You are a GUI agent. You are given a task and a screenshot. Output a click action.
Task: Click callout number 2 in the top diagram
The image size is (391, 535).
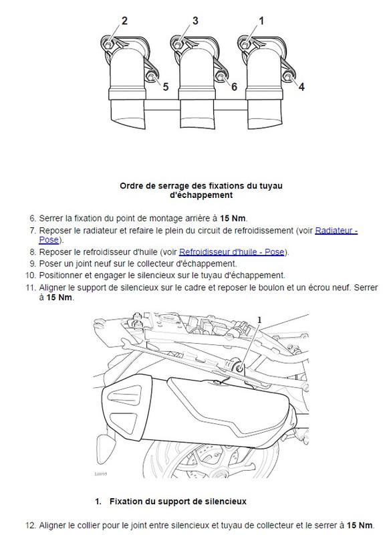[124, 21]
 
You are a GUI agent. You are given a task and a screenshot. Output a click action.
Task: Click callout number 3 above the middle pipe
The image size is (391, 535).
[195, 21]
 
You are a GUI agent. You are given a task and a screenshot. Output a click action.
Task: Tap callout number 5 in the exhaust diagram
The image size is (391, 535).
[166, 87]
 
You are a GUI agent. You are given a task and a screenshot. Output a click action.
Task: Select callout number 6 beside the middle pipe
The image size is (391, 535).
[234, 87]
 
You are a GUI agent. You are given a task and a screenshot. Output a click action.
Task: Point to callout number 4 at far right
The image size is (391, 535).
[301, 87]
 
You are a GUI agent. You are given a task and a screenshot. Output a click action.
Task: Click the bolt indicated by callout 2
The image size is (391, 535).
[108, 45]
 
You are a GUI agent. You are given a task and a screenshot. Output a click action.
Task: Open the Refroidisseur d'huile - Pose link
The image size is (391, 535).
[232, 252]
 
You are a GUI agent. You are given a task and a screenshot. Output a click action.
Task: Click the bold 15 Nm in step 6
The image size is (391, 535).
[233, 219]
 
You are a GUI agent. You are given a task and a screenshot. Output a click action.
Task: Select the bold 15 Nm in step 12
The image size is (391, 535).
[360, 525]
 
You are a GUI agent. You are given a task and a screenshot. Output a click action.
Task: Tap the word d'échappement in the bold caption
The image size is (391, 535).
[201, 195]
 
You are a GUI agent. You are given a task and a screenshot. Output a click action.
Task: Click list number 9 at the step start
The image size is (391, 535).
[32, 263]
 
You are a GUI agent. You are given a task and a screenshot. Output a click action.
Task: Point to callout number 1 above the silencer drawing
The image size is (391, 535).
[260, 320]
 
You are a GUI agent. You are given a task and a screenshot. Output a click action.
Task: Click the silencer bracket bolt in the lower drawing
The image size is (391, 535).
[240, 368]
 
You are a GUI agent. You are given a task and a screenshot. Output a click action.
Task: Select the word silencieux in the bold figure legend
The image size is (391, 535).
[225, 502]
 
